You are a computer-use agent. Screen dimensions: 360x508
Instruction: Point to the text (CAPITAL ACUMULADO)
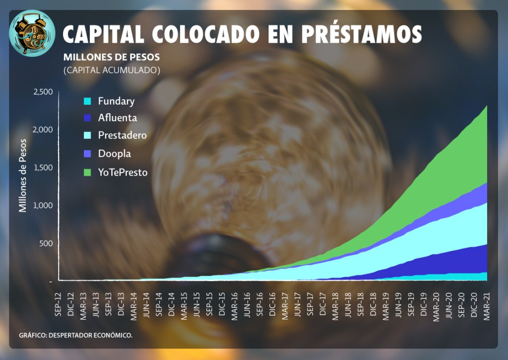112,71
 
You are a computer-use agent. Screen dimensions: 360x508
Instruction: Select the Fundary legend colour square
87,102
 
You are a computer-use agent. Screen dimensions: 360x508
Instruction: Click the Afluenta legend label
117,118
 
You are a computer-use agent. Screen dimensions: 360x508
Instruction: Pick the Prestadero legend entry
122,136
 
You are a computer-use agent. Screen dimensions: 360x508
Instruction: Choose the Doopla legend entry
114,154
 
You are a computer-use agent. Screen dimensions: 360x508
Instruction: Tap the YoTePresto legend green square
87,173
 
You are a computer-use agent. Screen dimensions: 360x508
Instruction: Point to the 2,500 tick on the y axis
43,92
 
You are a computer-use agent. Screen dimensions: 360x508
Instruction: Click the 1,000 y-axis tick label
43,206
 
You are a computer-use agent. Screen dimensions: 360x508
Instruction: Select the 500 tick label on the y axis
46,244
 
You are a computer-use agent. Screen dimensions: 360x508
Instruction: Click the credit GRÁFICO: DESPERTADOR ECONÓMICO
76,335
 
